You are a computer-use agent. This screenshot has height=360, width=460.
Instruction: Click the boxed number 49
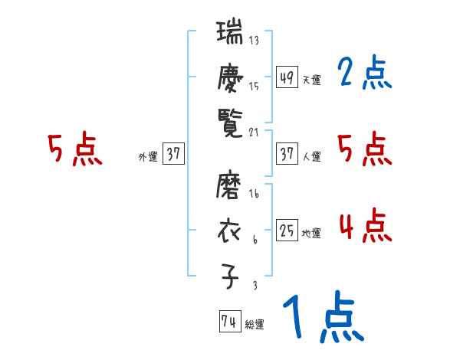click(287, 77)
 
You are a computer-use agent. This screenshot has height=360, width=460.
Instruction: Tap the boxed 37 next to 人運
click(287, 154)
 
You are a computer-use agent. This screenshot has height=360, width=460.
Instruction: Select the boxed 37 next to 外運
click(173, 154)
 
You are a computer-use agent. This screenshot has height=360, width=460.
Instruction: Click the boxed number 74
click(228, 322)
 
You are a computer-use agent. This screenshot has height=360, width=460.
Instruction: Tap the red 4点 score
click(364, 227)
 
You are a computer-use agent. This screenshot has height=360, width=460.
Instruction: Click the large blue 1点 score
click(323, 317)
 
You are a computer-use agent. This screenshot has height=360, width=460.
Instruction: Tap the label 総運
click(255, 325)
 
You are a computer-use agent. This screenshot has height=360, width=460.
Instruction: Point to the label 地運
click(311, 234)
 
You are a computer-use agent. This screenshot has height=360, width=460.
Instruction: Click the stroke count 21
click(254, 132)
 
